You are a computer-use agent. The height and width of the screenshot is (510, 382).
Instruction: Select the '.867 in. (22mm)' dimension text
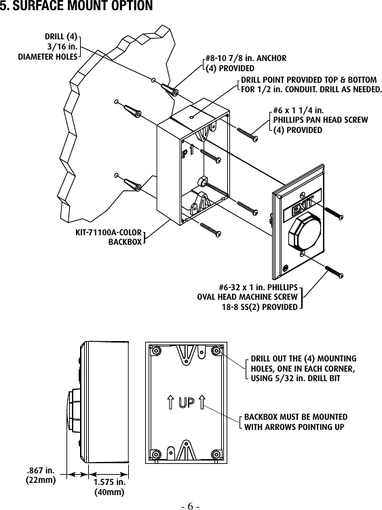click(x=40, y=473)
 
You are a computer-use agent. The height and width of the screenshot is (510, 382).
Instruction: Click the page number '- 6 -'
click(x=191, y=505)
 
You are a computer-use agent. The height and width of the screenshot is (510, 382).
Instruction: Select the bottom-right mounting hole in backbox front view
click(x=216, y=454)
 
